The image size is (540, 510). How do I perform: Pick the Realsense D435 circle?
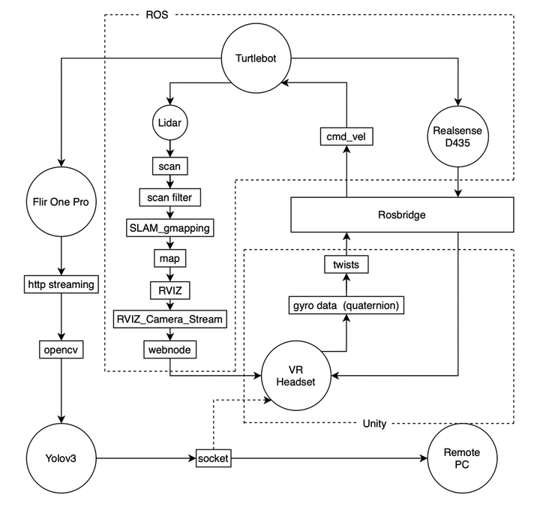pyautogui.click(x=459, y=137)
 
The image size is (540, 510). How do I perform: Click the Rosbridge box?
pyautogui.click(x=403, y=214)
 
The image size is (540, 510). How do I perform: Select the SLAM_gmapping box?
pyautogui.click(x=170, y=227)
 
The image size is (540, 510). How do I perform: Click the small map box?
pyautogui.click(x=170, y=258)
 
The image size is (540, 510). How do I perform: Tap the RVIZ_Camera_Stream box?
pyautogui.click(x=170, y=319)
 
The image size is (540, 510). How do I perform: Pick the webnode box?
pyautogui.click(x=170, y=349)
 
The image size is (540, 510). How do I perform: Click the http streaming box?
pyautogui.click(x=61, y=285)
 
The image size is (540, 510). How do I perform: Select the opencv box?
pyautogui.click(x=61, y=349)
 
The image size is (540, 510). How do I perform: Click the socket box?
pyautogui.click(x=214, y=456)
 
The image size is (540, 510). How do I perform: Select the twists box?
pyautogui.click(x=346, y=264)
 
